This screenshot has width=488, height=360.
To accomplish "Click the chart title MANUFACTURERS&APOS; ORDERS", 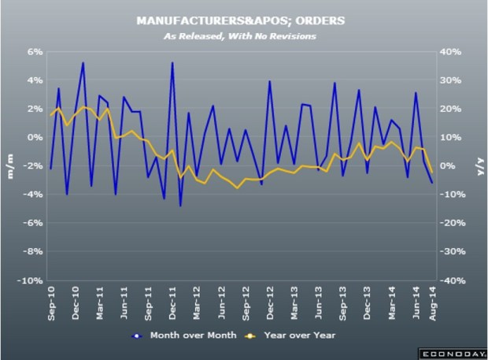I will tap(243, 20).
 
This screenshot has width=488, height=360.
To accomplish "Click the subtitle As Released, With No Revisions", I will tap(243, 35).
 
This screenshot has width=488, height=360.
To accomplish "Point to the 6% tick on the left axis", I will tap(35, 51).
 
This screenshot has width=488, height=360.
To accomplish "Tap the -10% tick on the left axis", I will tap(31, 280).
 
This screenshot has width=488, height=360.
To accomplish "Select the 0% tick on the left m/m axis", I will tap(35, 137).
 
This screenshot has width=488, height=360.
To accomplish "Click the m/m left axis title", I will tap(11, 166).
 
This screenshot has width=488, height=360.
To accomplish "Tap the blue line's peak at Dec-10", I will tap(83, 62).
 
